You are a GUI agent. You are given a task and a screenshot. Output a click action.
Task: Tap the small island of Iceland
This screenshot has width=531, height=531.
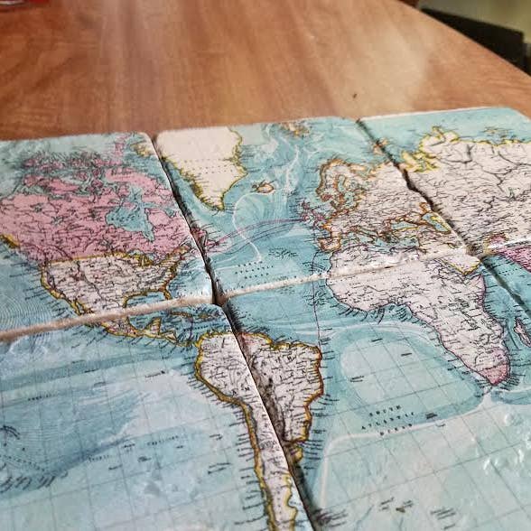265,188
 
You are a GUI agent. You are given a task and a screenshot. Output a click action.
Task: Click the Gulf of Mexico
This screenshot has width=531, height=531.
135,315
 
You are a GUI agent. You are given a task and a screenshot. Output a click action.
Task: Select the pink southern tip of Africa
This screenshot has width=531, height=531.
496,371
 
